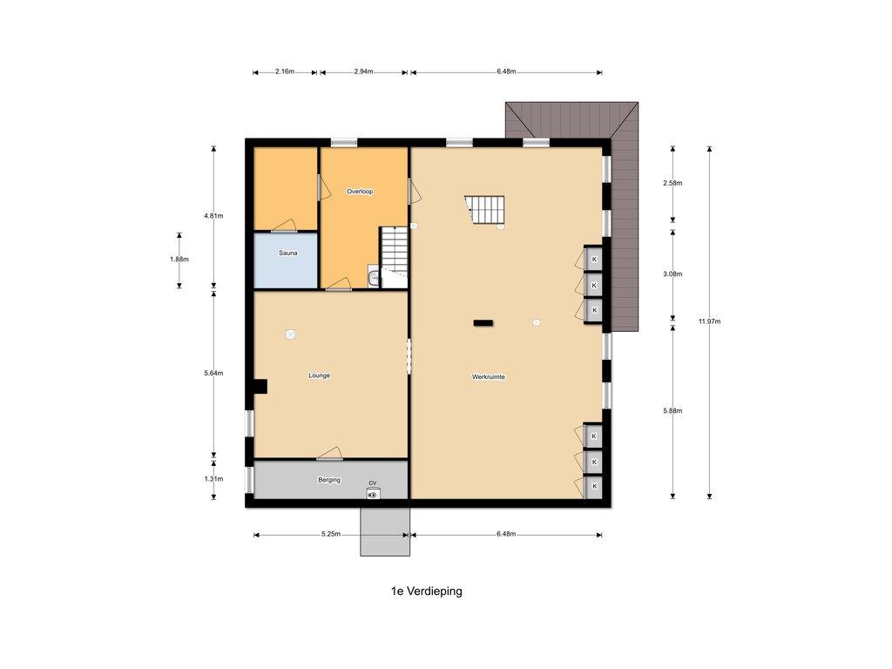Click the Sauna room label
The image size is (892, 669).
point(287,253)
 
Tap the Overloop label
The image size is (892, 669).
point(360,192)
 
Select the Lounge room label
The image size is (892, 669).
point(319,375)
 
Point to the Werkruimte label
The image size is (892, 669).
point(489,376)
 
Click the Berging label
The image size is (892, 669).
point(328,480)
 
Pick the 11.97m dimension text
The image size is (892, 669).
point(709,321)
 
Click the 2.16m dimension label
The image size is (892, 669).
point(285,71)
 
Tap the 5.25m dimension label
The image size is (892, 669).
point(330,534)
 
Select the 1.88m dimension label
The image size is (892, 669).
point(179,260)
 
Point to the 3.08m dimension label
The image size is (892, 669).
point(672,274)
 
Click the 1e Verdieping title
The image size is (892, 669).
point(427,591)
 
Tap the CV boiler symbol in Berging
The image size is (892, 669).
point(373,494)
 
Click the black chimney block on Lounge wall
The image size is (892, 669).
point(260,387)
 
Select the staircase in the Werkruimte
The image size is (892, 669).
point(484,210)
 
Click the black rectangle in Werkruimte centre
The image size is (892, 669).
point(483,323)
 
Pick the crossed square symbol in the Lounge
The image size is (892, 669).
point(291,334)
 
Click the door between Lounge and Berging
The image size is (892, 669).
point(330,454)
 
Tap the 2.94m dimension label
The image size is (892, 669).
point(363,71)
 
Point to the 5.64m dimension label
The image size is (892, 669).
point(214,374)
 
